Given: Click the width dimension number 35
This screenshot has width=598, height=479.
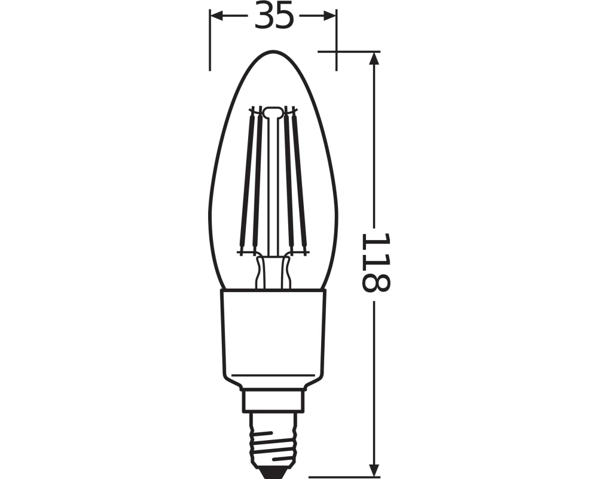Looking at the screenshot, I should tap(274, 16).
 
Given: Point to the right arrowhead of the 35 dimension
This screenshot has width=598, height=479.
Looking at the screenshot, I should tap(331, 16).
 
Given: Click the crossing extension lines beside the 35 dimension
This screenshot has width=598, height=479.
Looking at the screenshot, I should tap(336, 51).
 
